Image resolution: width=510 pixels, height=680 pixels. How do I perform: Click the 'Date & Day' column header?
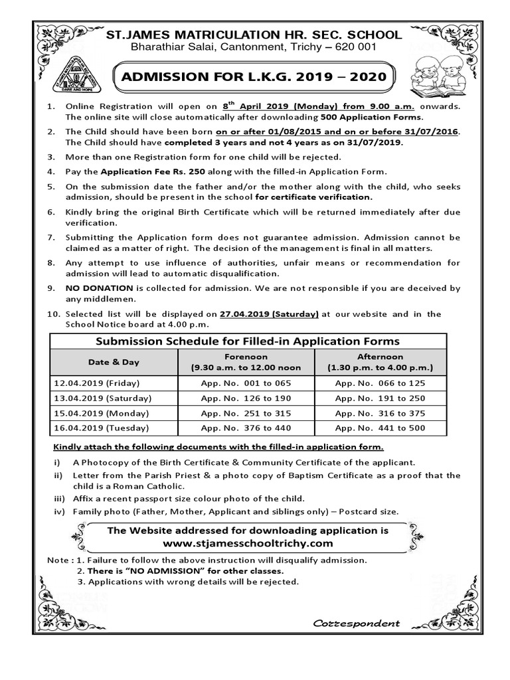coord(114,362)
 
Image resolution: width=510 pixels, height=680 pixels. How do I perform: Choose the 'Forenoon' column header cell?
coord(246,362)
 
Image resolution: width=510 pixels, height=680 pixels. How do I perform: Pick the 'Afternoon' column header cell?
coord(380,362)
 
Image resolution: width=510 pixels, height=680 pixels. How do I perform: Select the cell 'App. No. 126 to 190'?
coord(246,398)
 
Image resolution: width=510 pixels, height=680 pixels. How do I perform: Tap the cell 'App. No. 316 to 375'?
coord(380,413)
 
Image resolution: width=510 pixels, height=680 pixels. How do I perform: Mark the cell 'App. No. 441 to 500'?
coord(380,428)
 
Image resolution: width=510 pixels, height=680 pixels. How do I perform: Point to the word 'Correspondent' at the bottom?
coord(356,623)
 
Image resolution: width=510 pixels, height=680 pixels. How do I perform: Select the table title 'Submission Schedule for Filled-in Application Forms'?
coord(248,341)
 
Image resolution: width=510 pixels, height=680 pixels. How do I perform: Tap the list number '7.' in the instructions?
coord(50,237)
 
